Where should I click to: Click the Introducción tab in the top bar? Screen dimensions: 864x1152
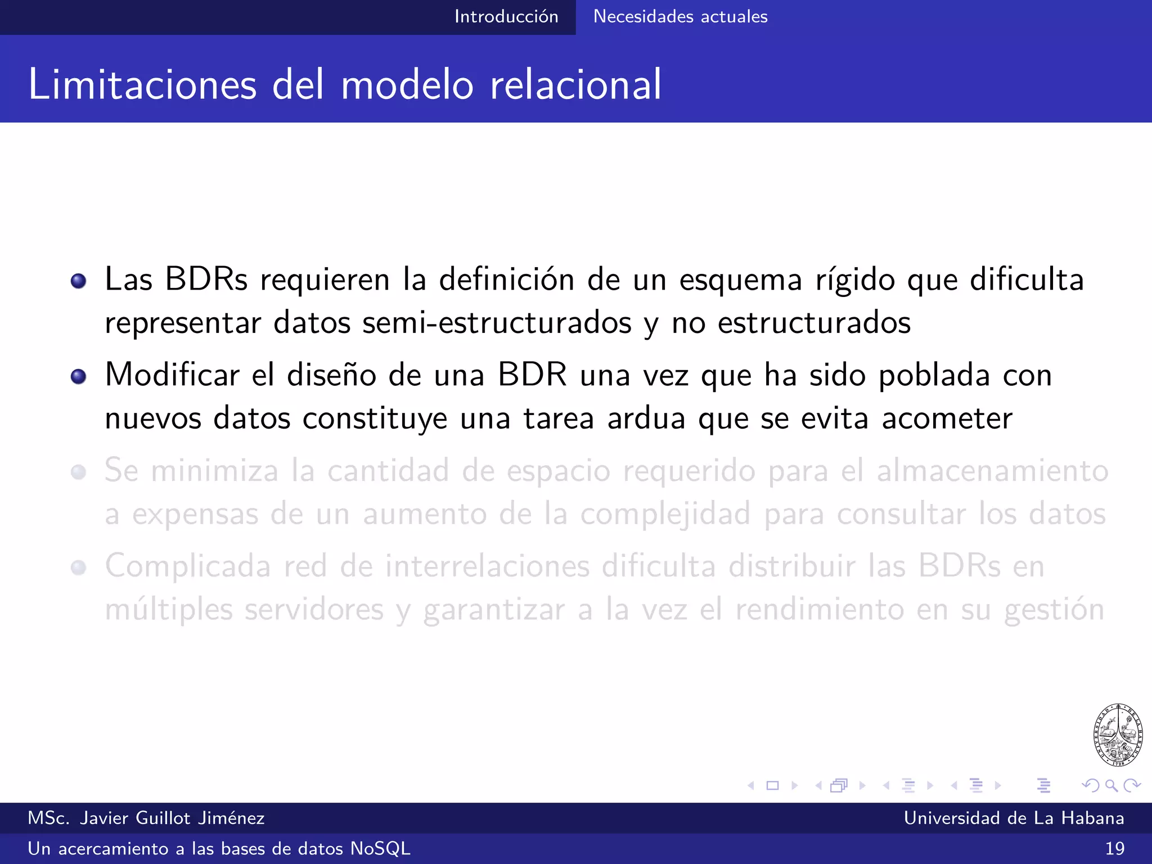[x=506, y=17]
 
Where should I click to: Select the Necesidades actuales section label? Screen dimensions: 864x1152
[x=680, y=17]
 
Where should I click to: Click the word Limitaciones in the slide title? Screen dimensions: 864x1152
[x=142, y=85]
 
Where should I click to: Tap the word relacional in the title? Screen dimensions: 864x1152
[x=575, y=85]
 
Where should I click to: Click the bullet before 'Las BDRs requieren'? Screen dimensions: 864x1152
[x=79, y=281]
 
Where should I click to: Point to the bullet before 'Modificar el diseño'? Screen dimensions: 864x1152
[x=79, y=376]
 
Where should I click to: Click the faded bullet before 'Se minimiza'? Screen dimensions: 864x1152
[x=79, y=472]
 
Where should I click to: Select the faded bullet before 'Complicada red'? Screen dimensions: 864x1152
[x=79, y=568]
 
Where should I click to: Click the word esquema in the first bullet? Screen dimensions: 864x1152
[x=740, y=281]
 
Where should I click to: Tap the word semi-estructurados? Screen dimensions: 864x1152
[x=497, y=323]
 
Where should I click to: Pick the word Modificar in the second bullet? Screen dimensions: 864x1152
[x=172, y=375]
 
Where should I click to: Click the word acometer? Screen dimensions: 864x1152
[x=947, y=419]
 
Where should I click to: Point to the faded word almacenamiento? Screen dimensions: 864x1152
[x=992, y=471]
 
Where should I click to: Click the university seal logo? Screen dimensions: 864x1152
[x=1118, y=735]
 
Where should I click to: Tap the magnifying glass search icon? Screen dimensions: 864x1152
[x=1111, y=785]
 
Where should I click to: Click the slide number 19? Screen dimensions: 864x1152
[x=1114, y=848]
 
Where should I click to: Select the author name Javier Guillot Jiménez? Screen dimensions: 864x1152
[x=172, y=818]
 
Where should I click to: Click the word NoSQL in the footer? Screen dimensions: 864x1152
[x=380, y=848]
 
